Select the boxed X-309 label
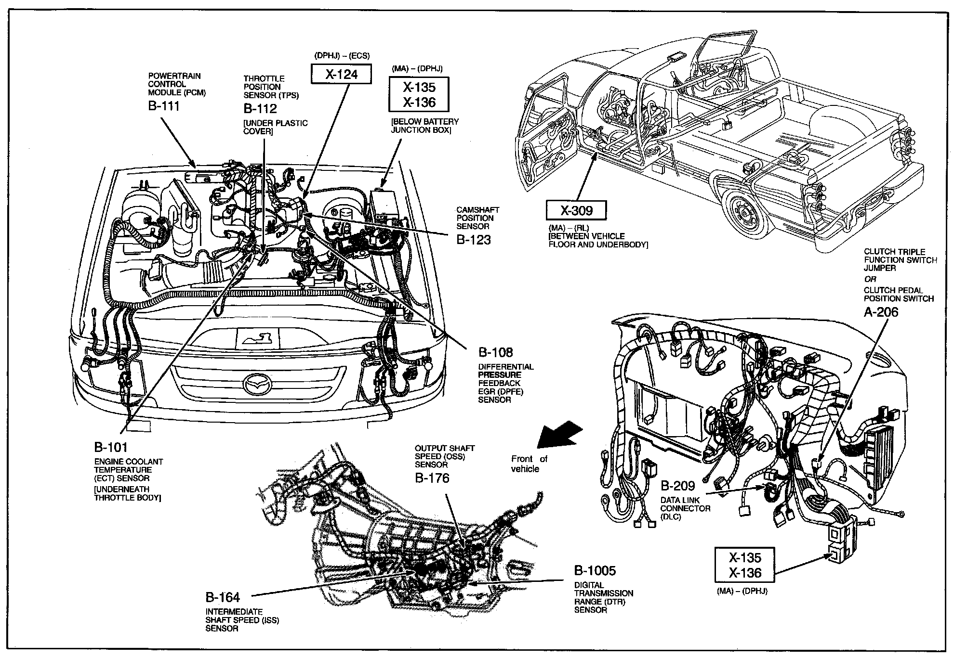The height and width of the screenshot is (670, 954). (576, 210)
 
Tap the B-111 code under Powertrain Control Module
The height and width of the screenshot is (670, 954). (163, 106)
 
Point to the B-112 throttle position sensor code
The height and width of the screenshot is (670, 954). (260, 108)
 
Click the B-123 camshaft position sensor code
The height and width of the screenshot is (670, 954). (473, 240)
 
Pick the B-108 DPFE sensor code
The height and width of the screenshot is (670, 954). (495, 353)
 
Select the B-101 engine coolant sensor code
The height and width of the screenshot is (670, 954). (111, 448)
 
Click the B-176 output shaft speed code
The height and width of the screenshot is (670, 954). (432, 478)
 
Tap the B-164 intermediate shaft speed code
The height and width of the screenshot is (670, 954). (223, 597)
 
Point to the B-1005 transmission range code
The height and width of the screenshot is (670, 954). (595, 571)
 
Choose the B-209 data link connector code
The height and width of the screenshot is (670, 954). (677, 486)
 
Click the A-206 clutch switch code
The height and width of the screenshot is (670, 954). (881, 312)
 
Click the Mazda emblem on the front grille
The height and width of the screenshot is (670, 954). (259, 383)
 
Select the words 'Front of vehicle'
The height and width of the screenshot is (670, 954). (529, 464)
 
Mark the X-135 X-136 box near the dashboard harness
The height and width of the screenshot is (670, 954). (745, 565)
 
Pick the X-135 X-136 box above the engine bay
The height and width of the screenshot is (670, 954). (419, 95)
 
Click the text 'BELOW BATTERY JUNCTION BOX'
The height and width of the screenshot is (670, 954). (424, 126)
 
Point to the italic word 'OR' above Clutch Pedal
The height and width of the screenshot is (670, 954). (870, 279)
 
